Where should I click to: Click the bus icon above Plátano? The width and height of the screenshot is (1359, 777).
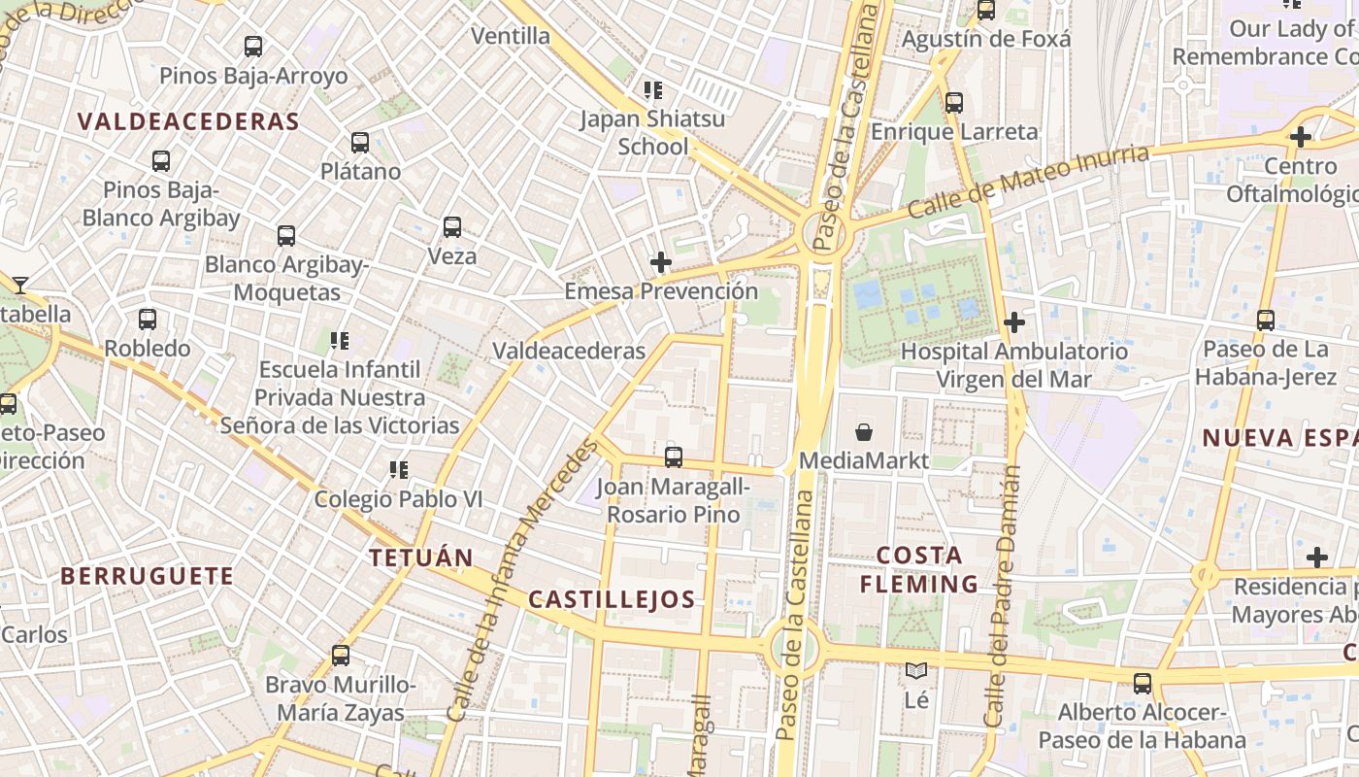coord(360,143)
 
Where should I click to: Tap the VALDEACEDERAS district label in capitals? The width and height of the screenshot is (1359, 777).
coord(187,121)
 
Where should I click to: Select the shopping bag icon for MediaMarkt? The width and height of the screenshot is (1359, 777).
coord(863,432)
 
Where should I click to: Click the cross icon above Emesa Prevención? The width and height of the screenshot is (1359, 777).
coord(661,262)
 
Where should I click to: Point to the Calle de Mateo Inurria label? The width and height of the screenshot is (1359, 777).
coord(1029,182)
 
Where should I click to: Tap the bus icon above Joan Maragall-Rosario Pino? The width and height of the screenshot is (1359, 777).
coord(674,456)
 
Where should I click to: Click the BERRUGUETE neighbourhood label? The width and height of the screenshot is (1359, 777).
coord(148,576)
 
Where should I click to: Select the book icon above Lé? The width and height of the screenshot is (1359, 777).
coord(915,670)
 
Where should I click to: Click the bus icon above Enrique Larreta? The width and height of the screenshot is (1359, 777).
coord(954,103)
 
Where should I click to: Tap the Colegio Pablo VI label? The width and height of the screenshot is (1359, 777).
coord(398,499)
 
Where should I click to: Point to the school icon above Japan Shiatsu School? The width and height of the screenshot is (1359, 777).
coord(653,90)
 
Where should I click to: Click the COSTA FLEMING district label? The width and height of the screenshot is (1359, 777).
coord(918,569)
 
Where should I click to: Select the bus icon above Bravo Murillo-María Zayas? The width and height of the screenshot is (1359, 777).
coord(340,656)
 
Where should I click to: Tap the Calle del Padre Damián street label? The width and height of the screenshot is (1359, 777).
coord(1003,595)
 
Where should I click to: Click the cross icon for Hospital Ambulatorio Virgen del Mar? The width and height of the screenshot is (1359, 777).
coord(1014,321)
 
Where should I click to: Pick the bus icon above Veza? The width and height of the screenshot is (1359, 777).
coord(452,227)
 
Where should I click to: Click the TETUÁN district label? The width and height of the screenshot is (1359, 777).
coord(421,557)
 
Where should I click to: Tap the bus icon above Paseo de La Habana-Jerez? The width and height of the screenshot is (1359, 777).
coord(1265,320)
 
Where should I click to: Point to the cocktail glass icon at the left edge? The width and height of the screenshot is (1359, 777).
coord(19,285)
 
